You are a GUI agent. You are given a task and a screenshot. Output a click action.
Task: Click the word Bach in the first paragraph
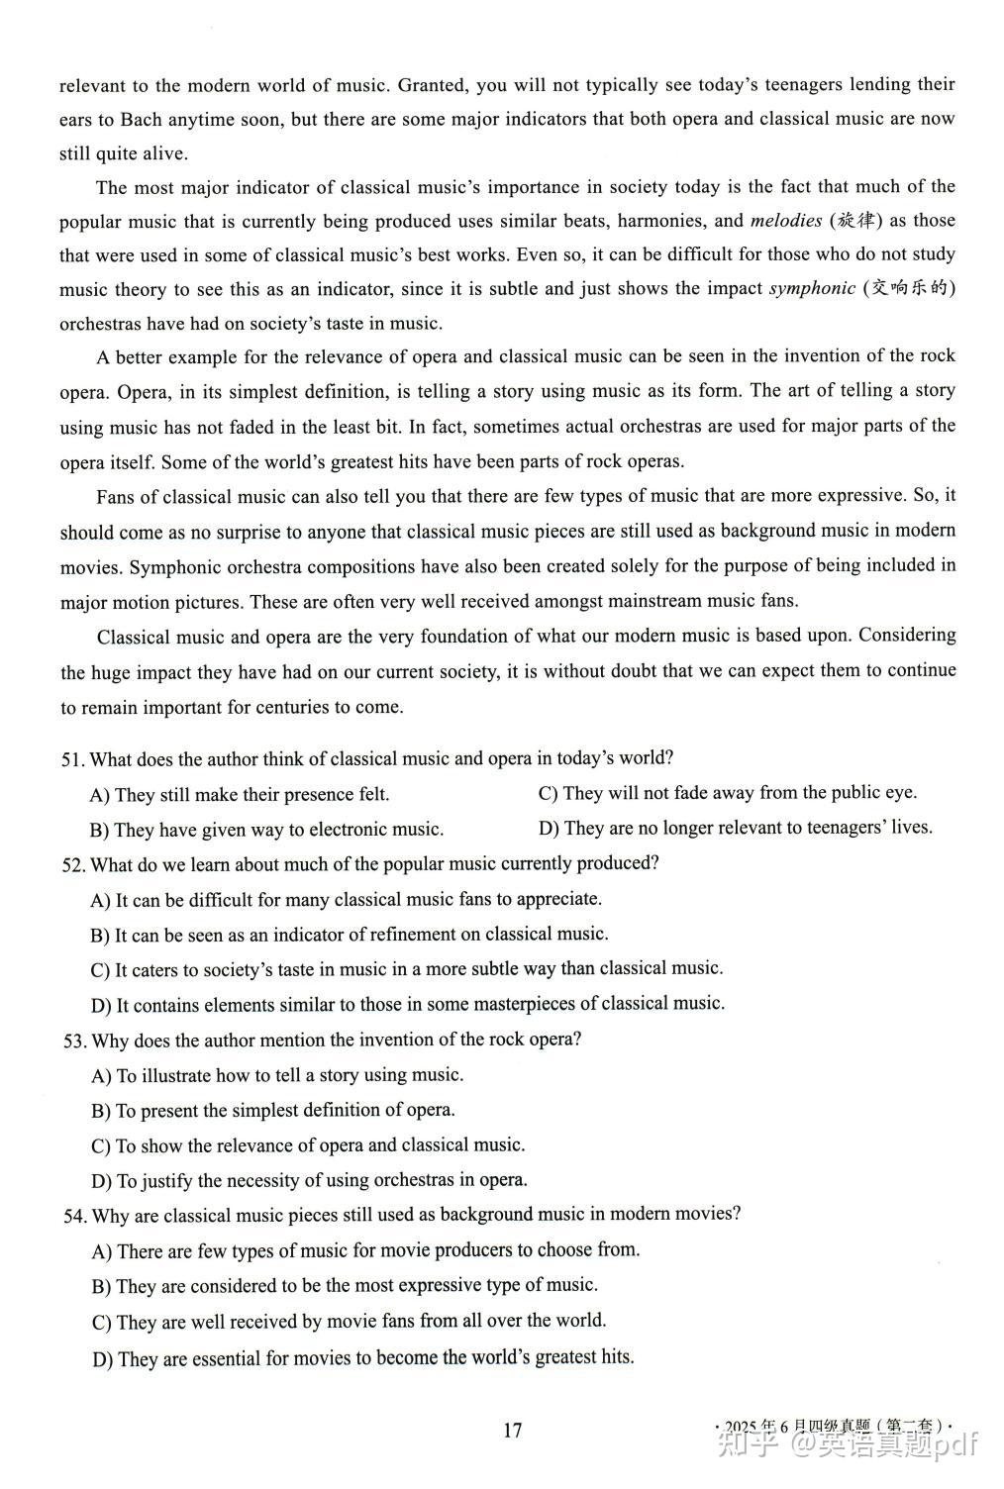(x=142, y=120)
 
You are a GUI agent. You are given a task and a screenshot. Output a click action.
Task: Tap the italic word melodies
(x=786, y=221)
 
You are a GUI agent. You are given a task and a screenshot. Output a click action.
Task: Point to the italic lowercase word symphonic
(x=812, y=288)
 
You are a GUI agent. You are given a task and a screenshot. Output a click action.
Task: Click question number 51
(x=72, y=759)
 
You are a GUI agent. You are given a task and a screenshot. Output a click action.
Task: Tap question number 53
(x=74, y=1041)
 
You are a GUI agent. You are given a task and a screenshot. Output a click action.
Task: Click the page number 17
(x=512, y=1430)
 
